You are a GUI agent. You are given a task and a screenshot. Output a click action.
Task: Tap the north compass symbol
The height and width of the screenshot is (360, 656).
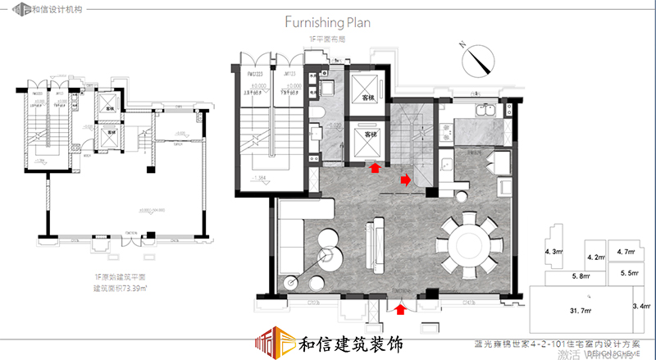coord(477,59)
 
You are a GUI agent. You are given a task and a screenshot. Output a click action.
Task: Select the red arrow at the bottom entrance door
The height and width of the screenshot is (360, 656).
coord(399,309)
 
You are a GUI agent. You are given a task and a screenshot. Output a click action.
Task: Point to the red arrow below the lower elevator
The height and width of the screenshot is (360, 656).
coord(375,167)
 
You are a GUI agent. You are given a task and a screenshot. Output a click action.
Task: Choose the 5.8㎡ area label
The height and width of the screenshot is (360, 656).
coord(579,277)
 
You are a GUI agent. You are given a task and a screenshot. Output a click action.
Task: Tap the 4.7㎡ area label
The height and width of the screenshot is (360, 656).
coord(625,253)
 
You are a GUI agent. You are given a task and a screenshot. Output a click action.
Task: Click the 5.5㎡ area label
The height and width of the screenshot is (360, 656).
coord(630,272)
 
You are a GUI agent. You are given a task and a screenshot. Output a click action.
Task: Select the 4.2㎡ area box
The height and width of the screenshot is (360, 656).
coord(594,257)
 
